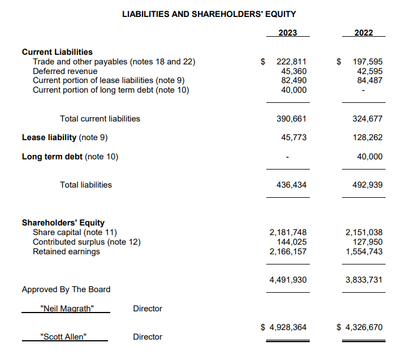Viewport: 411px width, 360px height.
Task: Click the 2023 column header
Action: [288, 33]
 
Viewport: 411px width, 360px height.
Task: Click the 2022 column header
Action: [364, 33]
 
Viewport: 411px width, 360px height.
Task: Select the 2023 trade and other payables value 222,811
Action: [291, 62]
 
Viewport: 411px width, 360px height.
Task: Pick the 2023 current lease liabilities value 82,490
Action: [294, 80]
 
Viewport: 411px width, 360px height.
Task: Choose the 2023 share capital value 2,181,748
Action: [288, 232]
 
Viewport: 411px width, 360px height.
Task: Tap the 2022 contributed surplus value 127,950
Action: [367, 242]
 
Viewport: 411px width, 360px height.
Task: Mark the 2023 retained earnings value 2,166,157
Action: [288, 251]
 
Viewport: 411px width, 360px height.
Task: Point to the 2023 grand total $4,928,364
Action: [284, 327]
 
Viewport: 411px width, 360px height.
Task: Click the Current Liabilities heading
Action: [57, 52]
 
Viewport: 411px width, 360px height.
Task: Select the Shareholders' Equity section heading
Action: [63, 223]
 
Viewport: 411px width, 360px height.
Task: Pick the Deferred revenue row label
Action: [65, 71]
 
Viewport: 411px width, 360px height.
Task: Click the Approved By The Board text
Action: [66, 289]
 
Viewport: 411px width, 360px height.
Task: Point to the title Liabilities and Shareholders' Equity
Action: [209, 14]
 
